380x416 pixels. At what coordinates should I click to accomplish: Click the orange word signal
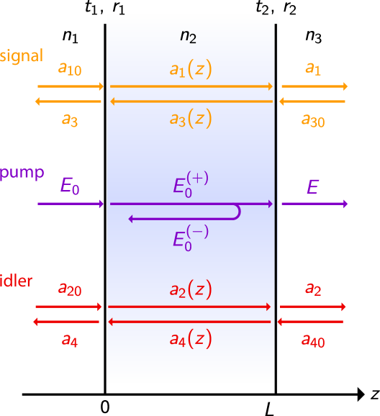[x=22, y=56]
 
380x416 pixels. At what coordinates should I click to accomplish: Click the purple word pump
[x=22, y=173]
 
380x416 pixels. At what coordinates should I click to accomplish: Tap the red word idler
[x=16, y=281]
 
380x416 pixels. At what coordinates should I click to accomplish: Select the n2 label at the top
[x=188, y=37]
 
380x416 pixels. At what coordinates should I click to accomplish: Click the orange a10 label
[x=70, y=69]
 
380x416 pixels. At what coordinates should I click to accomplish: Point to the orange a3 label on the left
[x=69, y=120]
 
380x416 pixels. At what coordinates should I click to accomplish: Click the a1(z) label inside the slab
[x=191, y=69]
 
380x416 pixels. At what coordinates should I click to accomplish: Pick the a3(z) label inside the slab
[x=191, y=119]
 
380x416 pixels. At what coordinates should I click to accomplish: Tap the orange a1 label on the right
[x=313, y=68]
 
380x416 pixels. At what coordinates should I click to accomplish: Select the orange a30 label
[x=313, y=120]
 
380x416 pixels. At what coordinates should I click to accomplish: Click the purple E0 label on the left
[x=70, y=187]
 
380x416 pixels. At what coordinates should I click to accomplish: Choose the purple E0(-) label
[x=191, y=236]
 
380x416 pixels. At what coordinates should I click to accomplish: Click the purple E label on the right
[x=312, y=187]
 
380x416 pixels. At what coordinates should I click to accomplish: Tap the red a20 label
[x=70, y=290]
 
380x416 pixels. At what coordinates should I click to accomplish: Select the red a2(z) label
[x=191, y=290]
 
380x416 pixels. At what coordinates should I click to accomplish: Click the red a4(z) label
[x=191, y=339]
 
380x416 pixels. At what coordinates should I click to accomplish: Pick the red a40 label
[x=313, y=340]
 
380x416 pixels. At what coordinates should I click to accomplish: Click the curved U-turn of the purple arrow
[x=237, y=211]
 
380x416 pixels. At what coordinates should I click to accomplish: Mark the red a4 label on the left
[x=69, y=340]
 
